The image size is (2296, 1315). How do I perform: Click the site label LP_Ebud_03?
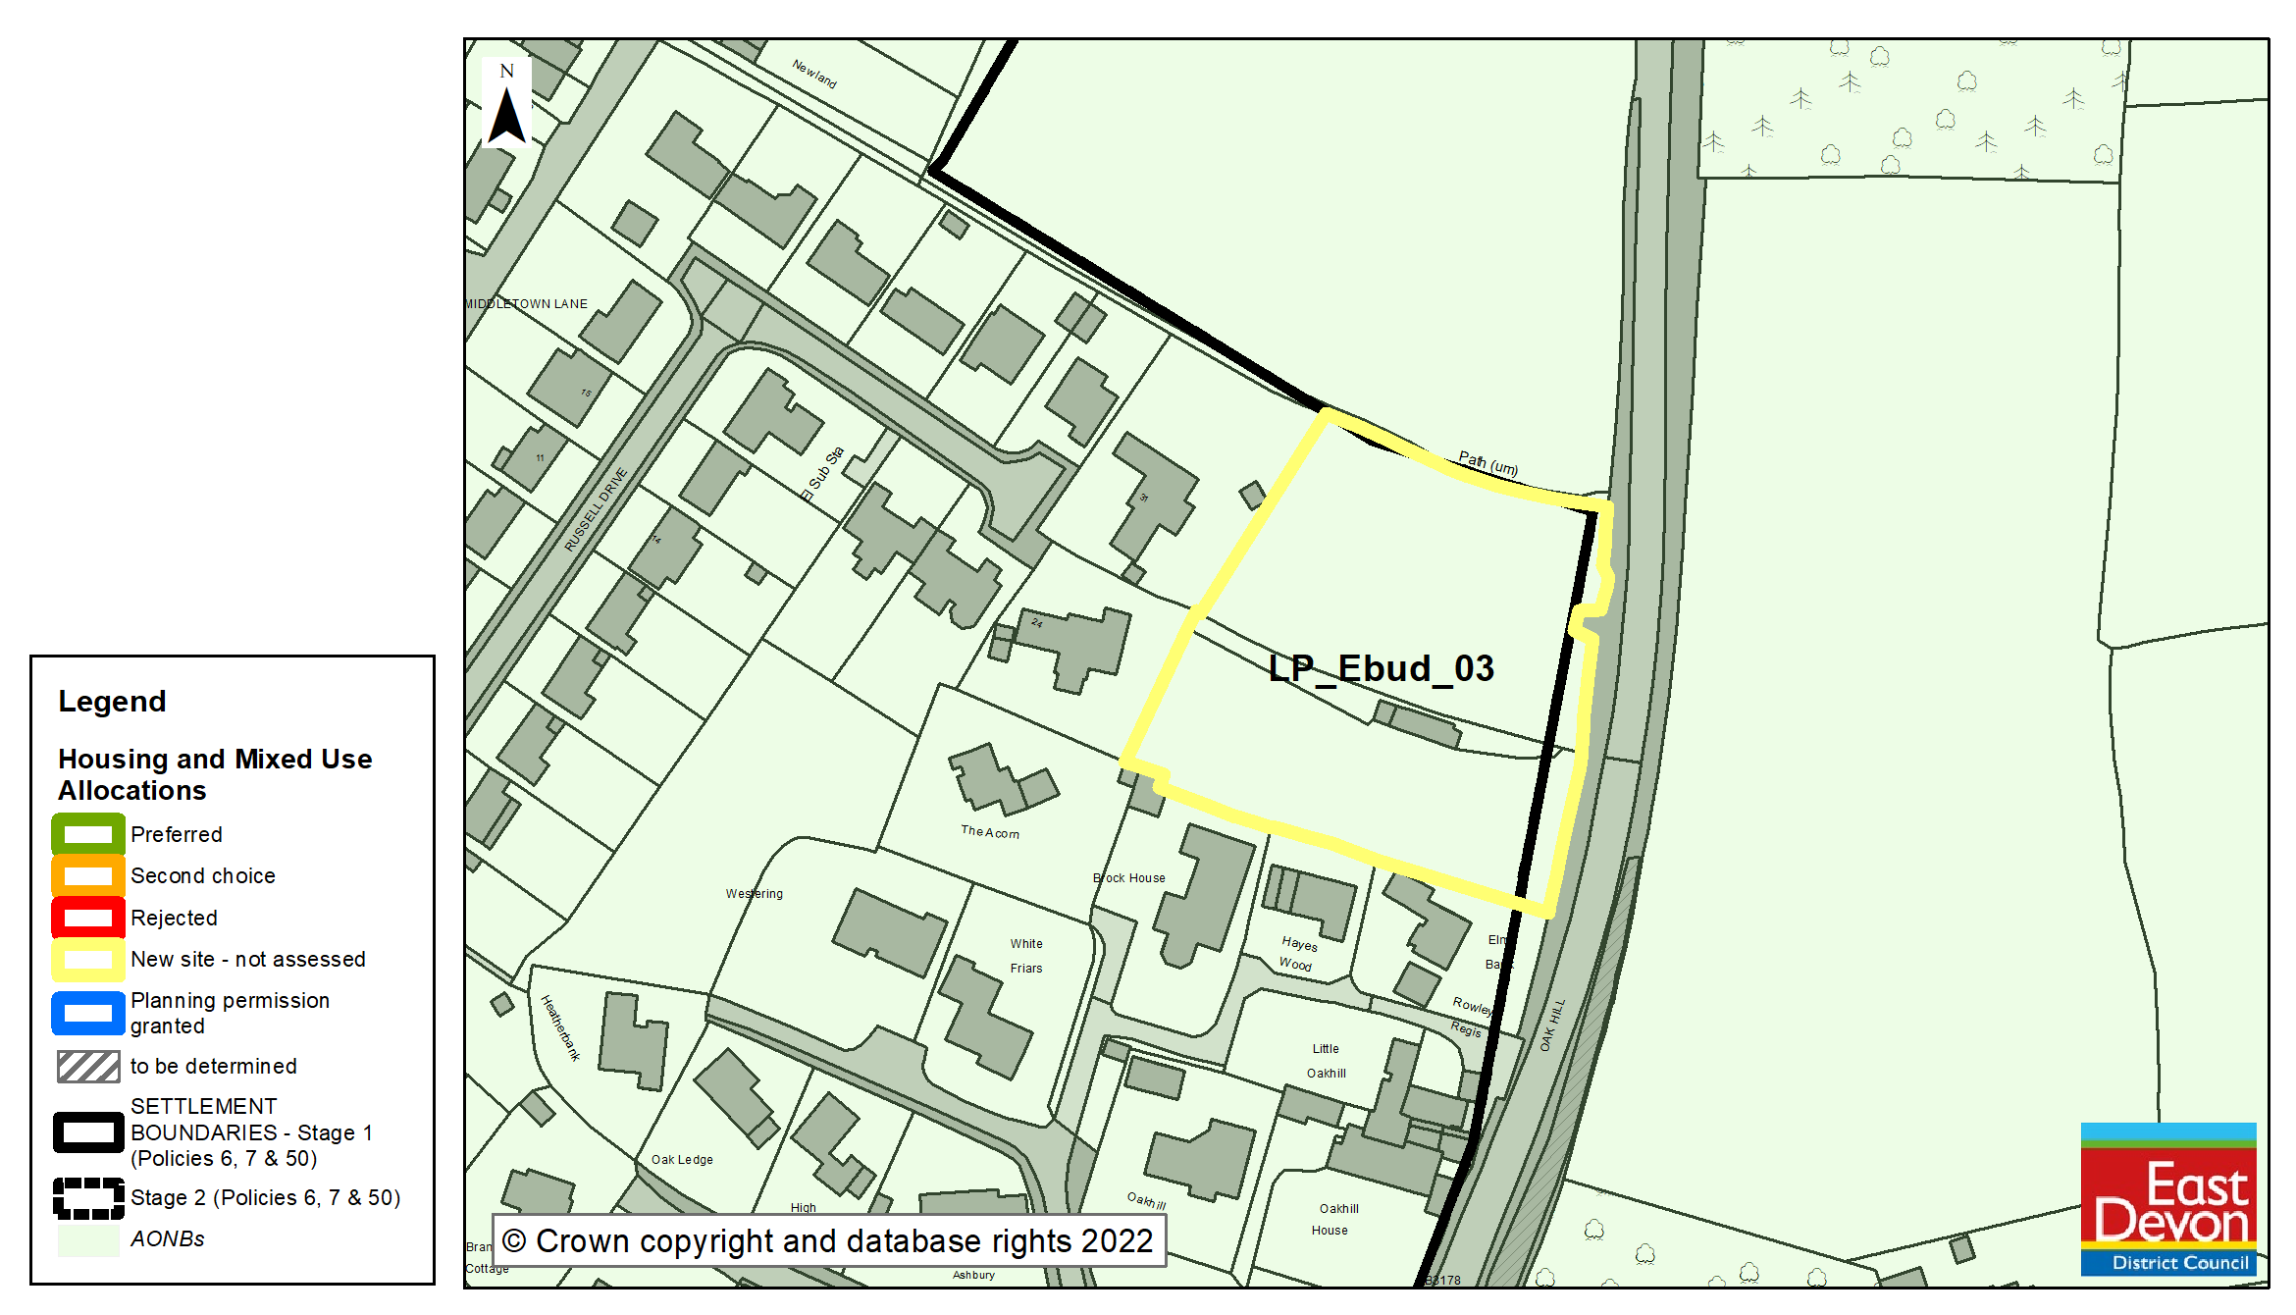pos(1381,668)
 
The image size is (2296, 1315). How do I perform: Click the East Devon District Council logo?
pos(2167,1198)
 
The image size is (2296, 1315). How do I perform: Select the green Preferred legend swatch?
pos(88,834)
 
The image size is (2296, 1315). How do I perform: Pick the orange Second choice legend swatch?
pos(88,875)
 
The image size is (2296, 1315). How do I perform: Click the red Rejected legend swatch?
pos(88,918)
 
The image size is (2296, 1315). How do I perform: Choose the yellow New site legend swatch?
pos(88,959)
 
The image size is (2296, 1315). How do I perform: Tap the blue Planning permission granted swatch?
pos(88,1013)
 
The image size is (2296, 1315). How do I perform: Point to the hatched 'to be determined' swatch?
pos(88,1066)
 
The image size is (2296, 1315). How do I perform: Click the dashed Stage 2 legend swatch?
pos(88,1198)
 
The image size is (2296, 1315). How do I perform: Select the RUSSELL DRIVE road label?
pos(596,509)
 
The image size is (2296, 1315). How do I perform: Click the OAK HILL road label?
pos(1552,1026)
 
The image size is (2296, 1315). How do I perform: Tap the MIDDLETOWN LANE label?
pos(527,304)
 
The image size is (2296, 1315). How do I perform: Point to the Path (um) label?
pos(1487,463)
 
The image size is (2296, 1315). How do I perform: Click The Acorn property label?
pos(989,832)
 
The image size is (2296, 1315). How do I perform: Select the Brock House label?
pos(1129,878)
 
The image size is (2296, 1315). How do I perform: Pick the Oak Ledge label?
pos(682,1160)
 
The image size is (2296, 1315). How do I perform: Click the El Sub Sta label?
pos(821,474)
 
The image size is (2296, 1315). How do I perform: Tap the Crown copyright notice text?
pos(829,1241)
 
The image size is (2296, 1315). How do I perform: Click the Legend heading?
pos(112,702)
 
